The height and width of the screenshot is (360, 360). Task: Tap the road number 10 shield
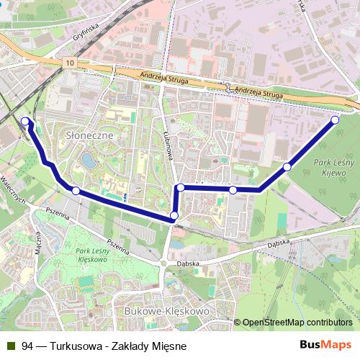pyautogui.click(x=68, y=64)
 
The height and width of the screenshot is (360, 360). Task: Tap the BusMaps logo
pyautogui.click(x=326, y=345)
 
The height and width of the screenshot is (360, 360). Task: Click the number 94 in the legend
pyautogui.click(x=28, y=346)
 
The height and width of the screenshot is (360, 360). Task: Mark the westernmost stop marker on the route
pyautogui.click(x=26, y=122)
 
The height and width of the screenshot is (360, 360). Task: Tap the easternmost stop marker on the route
pyautogui.click(x=335, y=120)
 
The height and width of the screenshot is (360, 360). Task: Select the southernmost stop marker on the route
pyautogui.click(x=174, y=216)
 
